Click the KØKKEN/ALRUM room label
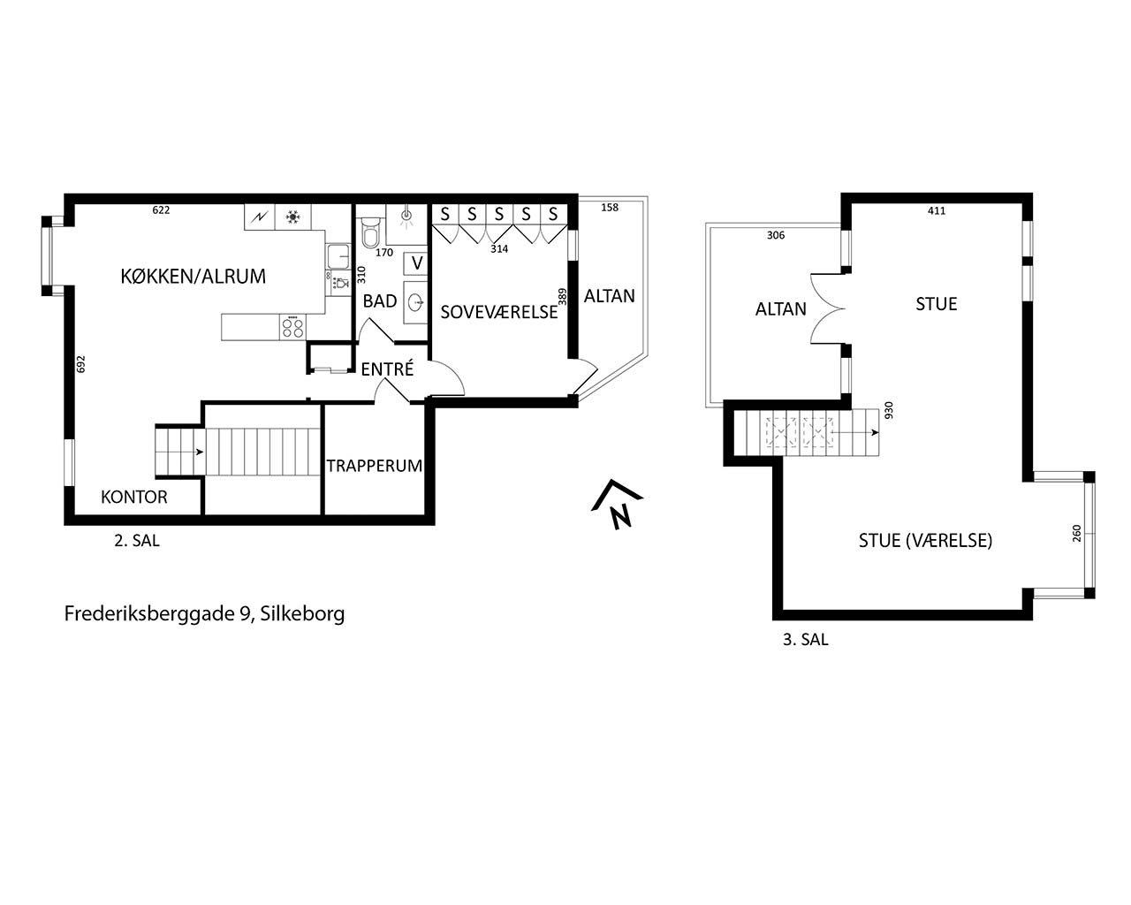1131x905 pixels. click(x=193, y=276)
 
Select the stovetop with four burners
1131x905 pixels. click(x=292, y=326)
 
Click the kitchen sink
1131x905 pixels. click(x=338, y=256)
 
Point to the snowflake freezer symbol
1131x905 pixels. click(x=292, y=217)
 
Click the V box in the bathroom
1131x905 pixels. click(x=417, y=263)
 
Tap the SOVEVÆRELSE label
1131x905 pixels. click(x=498, y=312)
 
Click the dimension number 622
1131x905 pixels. click(x=161, y=210)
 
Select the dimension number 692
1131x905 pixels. click(x=81, y=364)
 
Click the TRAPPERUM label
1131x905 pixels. click(x=374, y=466)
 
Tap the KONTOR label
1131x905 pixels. click(x=134, y=497)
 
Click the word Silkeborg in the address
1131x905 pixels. click(x=302, y=613)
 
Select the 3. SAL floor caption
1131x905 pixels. click(x=805, y=640)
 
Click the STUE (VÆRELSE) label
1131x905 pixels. click(x=925, y=541)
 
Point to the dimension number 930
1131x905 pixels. click(x=889, y=410)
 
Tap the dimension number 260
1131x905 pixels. click(x=1076, y=533)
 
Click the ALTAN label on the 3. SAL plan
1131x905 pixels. click(x=780, y=309)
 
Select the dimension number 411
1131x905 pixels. click(x=937, y=211)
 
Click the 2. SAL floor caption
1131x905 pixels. click(x=137, y=541)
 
